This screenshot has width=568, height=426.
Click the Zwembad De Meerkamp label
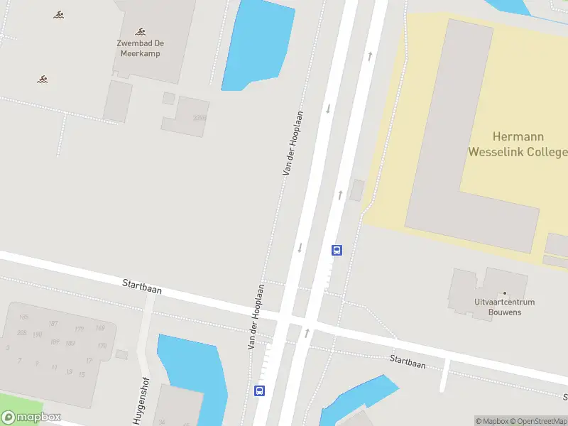coord(139,48)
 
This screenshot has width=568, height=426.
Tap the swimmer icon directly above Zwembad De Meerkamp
coord(141,31)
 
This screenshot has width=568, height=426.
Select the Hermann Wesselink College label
coord(518,143)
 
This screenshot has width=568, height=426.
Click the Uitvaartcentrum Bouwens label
coord(506,306)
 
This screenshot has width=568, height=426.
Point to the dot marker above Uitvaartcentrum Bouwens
coord(505,293)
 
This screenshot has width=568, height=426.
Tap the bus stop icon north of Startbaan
coord(337,250)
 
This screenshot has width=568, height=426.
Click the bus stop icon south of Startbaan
coord(260,390)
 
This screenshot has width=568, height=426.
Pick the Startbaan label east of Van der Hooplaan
coord(408,361)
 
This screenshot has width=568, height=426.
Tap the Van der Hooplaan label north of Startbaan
coord(293,143)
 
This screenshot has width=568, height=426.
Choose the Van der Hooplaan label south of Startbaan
coord(256,317)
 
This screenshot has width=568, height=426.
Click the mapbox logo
coord(31,417)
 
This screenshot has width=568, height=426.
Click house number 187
coord(53,324)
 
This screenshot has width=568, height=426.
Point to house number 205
coord(22,333)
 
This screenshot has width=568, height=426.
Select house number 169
coord(100,327)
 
